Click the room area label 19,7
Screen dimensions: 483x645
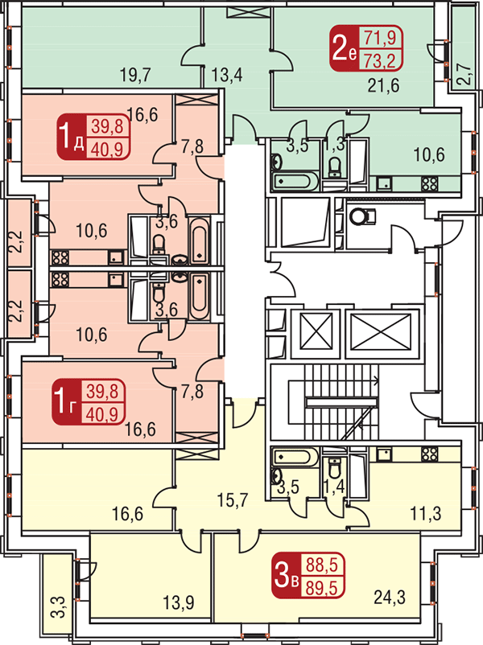(x=135, y=76)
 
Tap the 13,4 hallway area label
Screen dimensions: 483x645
(x=227, y=75)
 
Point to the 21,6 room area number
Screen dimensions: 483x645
(x=383, y=85)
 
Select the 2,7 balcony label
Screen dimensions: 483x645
(x=463, y=75)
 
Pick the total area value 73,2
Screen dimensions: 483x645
(x=379, y=61)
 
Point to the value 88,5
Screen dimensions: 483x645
(x=321, y=565)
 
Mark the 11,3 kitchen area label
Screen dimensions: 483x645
(x=425, y=513)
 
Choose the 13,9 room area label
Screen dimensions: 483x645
(x=179, y=603)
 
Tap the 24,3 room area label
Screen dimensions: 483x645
(x=390, y=598)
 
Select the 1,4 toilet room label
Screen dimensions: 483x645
(x=334, y=487)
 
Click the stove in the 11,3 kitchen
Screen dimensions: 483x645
(x=429, y=454)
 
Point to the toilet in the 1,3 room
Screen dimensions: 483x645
(x=336, y=166)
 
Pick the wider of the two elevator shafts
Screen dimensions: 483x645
(x=381, y=332)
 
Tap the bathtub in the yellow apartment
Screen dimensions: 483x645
(x=294, y=456)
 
